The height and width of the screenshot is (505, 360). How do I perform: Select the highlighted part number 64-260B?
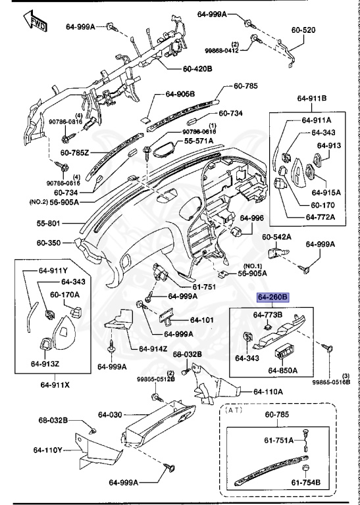(273, 297)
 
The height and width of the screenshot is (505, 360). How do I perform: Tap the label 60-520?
(303, 30)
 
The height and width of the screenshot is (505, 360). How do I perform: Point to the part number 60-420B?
(197, 68)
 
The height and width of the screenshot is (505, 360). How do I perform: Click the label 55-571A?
(199, 141)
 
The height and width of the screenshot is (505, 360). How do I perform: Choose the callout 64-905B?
(180, 94)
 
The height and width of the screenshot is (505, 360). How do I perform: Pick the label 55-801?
(48, 223)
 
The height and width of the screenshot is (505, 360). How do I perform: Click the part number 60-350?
(48, 243)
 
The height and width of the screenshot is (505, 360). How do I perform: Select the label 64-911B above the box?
(312, 98)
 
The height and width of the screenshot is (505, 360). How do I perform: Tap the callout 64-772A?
(321, 217)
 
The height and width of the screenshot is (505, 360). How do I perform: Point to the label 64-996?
(251, 218)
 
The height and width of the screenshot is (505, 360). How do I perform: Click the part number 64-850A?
(282, 370)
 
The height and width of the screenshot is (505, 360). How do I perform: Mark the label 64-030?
(110, 415)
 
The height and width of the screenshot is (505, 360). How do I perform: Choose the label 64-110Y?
(47, 450)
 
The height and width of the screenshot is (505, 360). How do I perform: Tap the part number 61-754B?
(306, 483)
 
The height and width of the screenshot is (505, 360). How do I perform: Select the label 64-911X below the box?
(55, 385)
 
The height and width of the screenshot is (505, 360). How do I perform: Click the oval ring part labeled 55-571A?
(165, 150)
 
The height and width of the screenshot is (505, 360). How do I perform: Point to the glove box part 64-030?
(158, 422)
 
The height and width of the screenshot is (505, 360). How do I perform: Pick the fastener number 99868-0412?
(222, 51)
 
